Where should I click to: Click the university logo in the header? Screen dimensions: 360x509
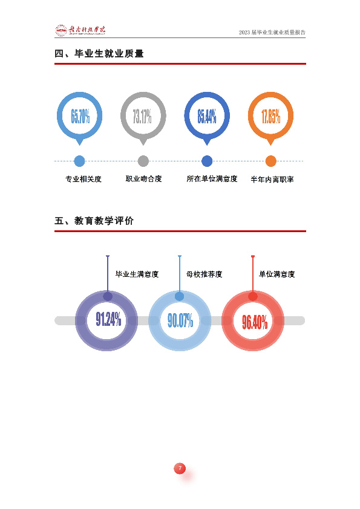(80, 30)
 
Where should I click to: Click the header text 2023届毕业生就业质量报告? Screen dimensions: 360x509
(272, 32)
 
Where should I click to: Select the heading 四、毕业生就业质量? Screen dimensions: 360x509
(99, 54)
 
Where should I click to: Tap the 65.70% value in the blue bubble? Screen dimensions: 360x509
(80, 116)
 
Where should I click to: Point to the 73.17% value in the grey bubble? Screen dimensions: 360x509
(142, 116)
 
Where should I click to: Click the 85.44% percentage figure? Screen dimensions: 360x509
(207, 116)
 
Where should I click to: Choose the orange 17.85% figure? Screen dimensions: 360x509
(271, 116)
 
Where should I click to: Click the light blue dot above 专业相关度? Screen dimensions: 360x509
(80, 161)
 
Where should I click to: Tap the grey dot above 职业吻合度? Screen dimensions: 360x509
(143, 161)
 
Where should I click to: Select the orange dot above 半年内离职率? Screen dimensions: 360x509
(271, 161)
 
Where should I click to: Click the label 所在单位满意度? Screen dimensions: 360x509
(212, 179)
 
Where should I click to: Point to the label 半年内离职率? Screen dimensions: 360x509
(272, 179)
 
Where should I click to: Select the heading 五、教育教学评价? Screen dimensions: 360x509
(94, 221)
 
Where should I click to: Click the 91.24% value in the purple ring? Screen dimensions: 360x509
(108, 319)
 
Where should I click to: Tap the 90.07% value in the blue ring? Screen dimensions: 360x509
(180, 320)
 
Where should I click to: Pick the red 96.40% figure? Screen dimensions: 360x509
(255, 322)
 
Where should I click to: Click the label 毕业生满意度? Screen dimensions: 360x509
(137, 274)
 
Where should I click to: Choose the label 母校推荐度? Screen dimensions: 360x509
(205, 274)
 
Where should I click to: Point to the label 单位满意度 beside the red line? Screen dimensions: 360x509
(277, 274)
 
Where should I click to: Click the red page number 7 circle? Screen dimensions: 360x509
(180, 468)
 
